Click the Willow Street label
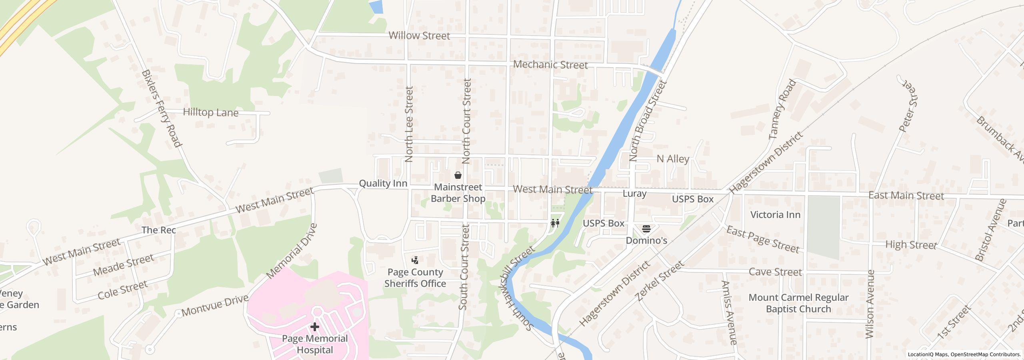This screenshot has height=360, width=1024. (419, 36)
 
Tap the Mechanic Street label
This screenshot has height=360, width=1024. (550, 64)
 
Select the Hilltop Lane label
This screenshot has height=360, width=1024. (210, 112)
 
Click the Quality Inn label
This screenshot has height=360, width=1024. (383, 183)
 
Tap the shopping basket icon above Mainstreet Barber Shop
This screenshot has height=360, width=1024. (458, 175)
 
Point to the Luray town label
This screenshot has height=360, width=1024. (634, 194)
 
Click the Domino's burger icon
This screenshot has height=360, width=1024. (646, 229)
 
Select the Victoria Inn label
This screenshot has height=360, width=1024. (775, 215)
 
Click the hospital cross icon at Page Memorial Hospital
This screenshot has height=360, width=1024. (315, 327)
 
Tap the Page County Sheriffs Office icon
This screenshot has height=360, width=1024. (415, 260)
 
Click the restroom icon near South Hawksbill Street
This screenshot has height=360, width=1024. (555, 223)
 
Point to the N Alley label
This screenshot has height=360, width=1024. (673, 159)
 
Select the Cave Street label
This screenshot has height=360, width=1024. (775, 272)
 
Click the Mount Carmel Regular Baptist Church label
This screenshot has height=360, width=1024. (798, 303)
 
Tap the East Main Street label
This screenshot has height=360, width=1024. (906, 196)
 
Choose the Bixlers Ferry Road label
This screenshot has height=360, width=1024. (162, 108)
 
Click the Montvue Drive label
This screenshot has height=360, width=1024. (215, 307)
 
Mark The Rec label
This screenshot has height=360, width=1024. (158, 230)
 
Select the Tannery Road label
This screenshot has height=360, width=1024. (782, 110)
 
